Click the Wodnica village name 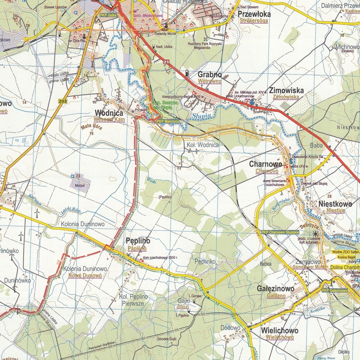[x=109, y=113]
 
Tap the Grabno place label [x=210, y=75]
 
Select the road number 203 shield [x=63, y=101]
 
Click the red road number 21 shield [x=166, y=62]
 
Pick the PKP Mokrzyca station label [x=168, y=121]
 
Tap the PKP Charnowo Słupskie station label [x=280, y=232]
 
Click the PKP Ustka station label [x=108, y=15]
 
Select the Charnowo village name [x=265, y=164]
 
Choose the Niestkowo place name [x=335, y=204]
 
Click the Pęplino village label [x=138, y=241]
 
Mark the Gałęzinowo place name [x=276, y=289]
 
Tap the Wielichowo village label [x=279, y=330]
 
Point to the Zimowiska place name [x=286, y=90]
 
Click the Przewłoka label [x=254, y=14]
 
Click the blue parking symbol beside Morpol [x=73, y=176]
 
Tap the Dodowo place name [x=230, y=328]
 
